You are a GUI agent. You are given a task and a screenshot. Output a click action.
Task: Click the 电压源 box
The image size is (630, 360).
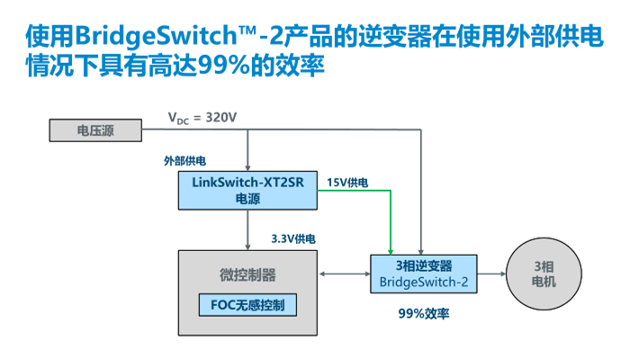click(x=94, y=131)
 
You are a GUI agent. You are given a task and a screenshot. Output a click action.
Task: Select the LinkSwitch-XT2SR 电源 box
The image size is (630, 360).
click(x=247, y=190)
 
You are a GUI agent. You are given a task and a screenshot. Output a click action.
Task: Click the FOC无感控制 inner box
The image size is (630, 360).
click(x=247, y=305)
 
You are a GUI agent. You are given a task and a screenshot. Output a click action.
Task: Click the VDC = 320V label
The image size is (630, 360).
click(x=204, y=118)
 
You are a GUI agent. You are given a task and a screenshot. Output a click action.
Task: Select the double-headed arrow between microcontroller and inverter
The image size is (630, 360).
click(x=347, y=273)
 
